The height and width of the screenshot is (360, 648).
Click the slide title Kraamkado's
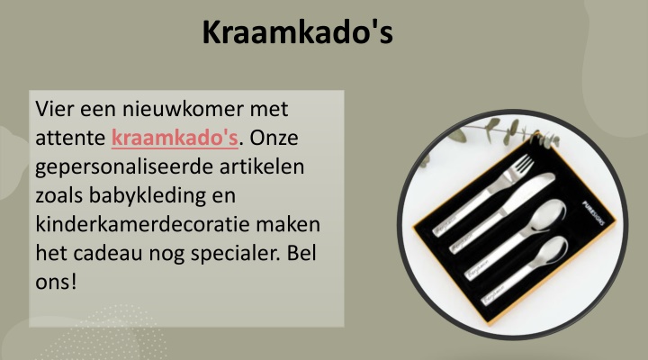(297, 31)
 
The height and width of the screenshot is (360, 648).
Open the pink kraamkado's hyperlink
(175, 137)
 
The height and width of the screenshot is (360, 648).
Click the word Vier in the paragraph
(54, 109)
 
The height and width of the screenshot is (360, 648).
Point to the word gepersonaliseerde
(124, 167)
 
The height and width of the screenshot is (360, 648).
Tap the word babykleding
(147, 196)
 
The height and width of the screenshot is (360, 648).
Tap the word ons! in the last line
(56, 282)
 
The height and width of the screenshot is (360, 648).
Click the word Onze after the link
(274, 137)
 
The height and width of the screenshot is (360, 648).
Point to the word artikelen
(262, 166)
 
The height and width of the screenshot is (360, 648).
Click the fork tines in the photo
(521, 166)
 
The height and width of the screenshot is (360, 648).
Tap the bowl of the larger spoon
(549, 214)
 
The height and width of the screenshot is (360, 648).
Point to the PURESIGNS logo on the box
(594, 212)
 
